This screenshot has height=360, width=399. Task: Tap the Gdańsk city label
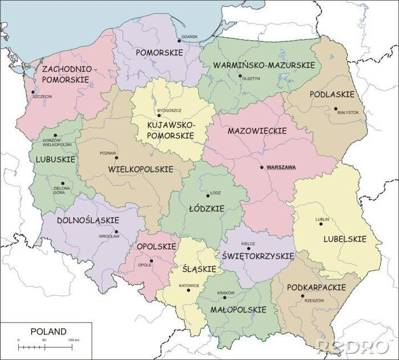(x=189, y=37)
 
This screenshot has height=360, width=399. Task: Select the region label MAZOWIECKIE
(x=257, y=131)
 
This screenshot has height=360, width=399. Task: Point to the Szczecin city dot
(x=33, y=92)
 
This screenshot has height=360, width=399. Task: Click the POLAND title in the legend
(x=48, y=331)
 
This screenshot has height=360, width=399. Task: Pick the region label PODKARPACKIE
(x=316, y=288)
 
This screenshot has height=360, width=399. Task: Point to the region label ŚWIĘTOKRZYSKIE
(x=257, y=257)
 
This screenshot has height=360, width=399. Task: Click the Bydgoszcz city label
(x=170, y=111)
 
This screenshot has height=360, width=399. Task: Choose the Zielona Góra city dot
(x=63, y=183)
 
